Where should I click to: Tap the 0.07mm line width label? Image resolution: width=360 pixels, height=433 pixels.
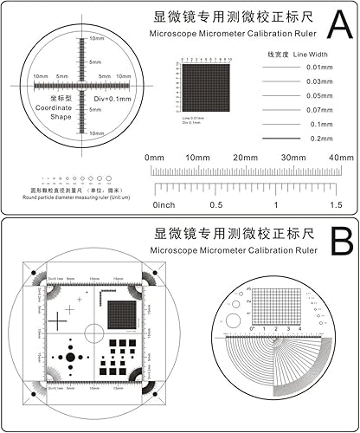pos(319,110)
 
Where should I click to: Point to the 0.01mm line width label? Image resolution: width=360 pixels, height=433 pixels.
pos(319,68)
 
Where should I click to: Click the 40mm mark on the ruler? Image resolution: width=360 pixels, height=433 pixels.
pos(341,158)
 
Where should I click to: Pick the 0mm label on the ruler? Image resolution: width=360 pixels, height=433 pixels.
pos(155,158)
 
